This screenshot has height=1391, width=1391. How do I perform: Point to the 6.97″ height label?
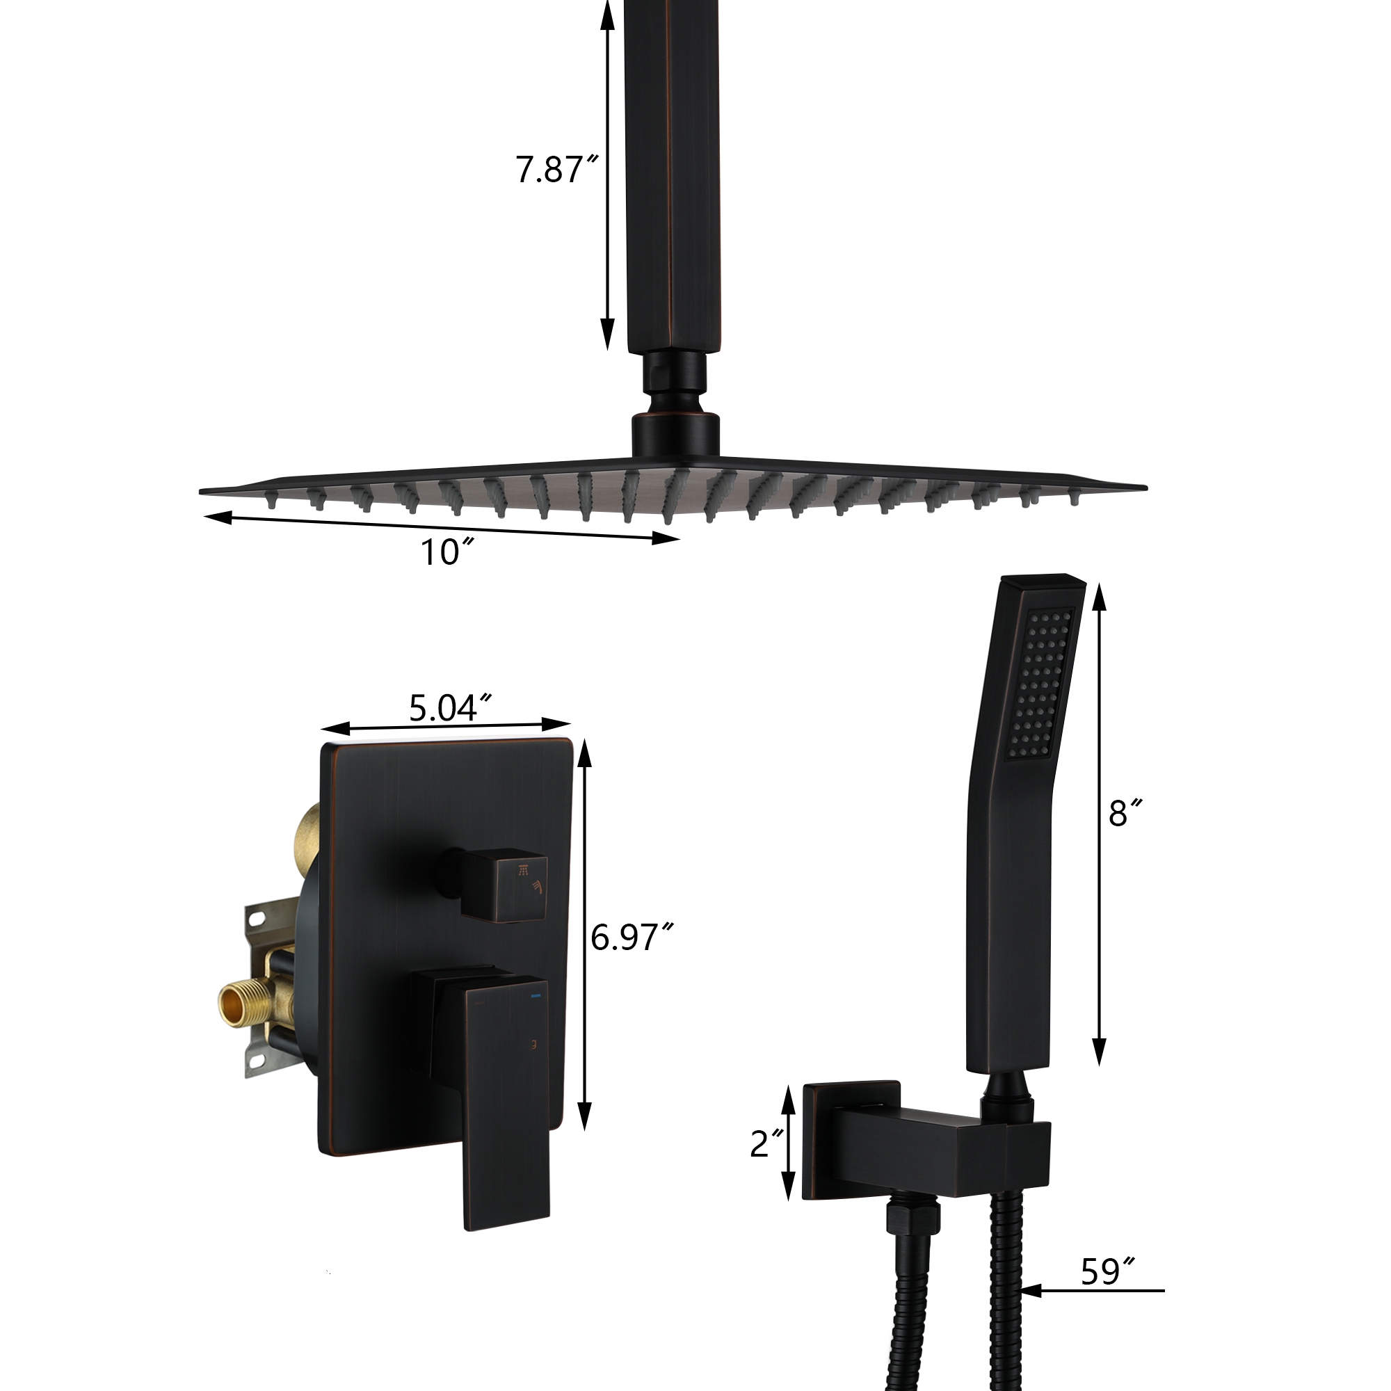tap(631, 938)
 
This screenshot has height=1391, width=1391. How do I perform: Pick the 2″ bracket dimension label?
tap(765, 1143)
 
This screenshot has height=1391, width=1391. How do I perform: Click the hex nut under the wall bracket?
tap(913, 1219)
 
